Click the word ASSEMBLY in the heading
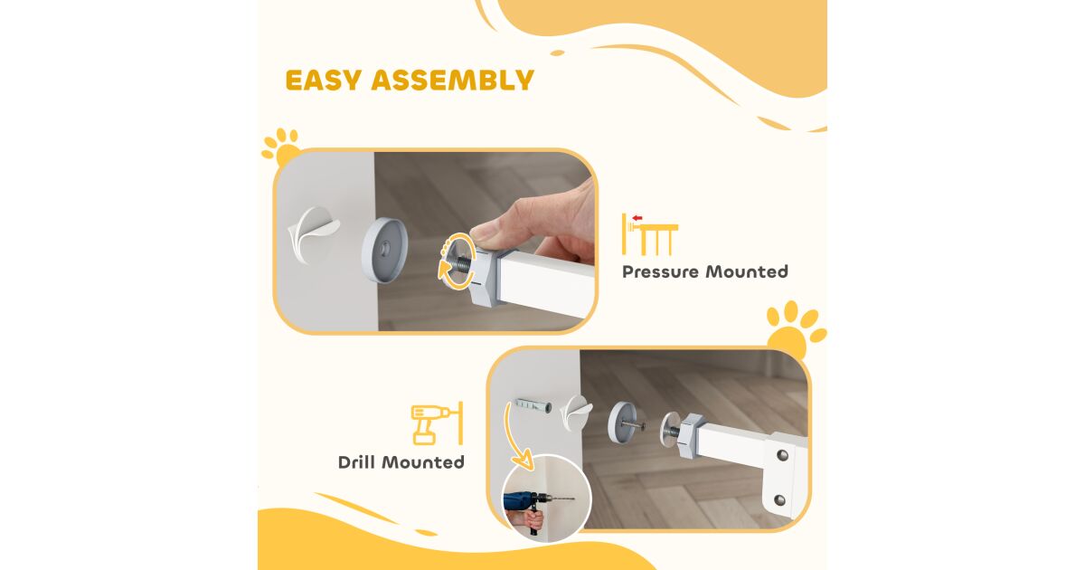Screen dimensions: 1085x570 click(x=452, y=80)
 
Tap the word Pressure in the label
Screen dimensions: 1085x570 click(x=660, y=272)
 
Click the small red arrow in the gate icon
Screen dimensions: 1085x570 click(x=637, y=218)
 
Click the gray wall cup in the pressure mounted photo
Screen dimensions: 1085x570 click(x=384, y=249)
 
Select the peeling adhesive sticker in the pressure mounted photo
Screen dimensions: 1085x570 click(x=312, y=234)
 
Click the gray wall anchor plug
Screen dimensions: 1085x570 click(x=532, y=405)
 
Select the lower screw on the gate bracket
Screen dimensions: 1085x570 click(x=779, y=499)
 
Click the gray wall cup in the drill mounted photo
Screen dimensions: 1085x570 click(x=620, y=423)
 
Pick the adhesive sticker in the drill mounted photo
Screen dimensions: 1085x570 click(x=577, y=413)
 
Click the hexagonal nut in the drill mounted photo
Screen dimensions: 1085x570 click(x=691, y=436)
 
